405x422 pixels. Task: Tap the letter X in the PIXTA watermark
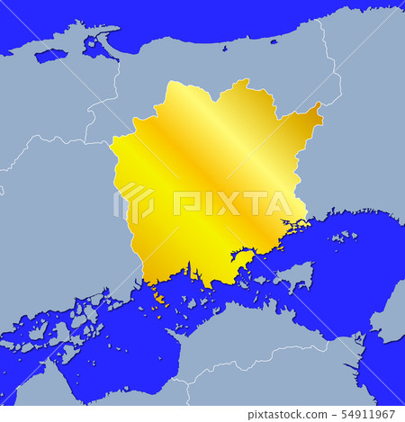pyautogui.click(x=228, y=204)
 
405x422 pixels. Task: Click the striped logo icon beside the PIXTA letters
pyautogui.click(x=136, y=203)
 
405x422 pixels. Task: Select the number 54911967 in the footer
pyautogui.click(x=371, y=415)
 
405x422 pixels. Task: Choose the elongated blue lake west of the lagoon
pyautogui.click(x=50, y=55)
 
